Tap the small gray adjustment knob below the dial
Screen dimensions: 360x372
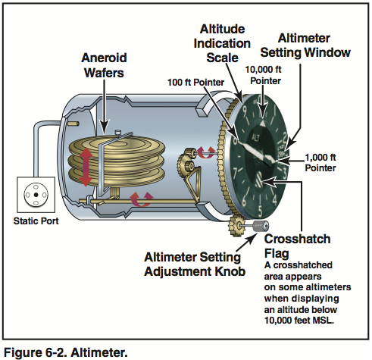tap(262, 227)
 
